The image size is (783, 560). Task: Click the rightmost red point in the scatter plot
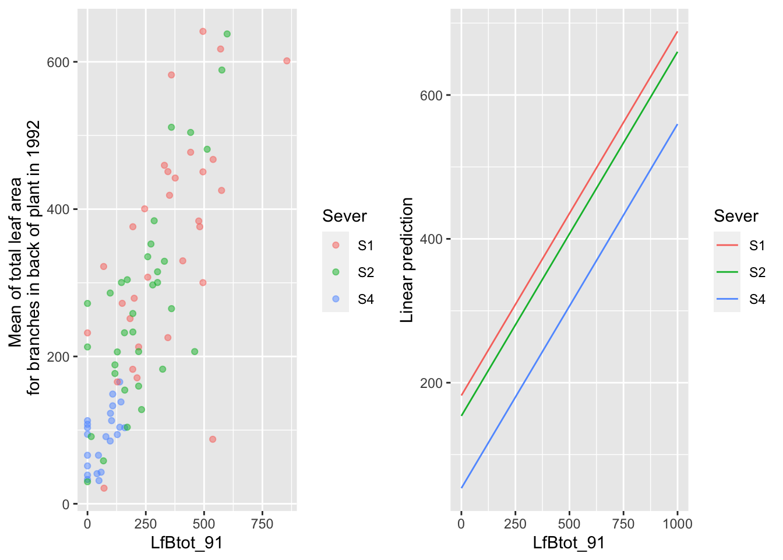pos(287,61)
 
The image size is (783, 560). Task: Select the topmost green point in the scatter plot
pos(227,34)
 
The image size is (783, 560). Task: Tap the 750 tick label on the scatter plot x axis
pos(262,524)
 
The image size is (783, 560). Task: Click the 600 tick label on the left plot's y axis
pos(58,62)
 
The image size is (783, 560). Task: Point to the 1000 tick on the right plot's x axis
pos(678,524)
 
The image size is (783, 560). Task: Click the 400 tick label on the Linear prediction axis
pos(432,239)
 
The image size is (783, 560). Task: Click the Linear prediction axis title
pos(407,260)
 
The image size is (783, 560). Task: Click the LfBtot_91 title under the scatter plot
pos(186,543)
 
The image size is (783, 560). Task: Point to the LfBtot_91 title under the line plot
pos(569,543)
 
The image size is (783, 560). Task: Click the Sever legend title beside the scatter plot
pos(344,216)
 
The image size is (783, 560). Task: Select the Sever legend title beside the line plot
pos(736,216)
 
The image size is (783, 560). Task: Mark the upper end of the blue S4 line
pos(677,124)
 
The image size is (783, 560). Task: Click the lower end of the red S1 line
pos(461,395)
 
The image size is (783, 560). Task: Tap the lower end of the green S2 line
pos(461,415)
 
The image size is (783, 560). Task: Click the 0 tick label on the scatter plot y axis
pos(66,505)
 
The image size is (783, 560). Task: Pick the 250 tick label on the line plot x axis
pos(515,524)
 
